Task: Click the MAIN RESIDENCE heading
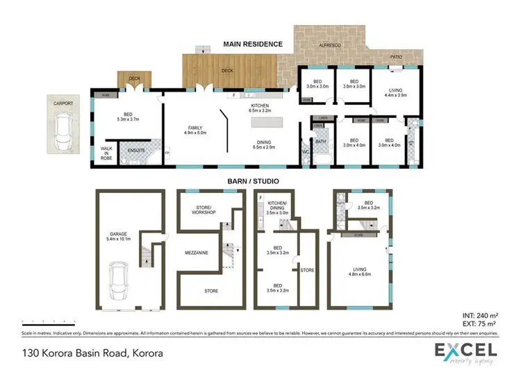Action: pyautogui.click(x=252, y=44)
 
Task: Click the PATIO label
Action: pyautogui.click(x=396, y=58)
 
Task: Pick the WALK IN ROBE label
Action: pyautogui.click(x=107, y=153)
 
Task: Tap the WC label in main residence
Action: pyautogui.click(x=306, y=152)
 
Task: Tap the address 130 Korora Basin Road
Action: pyautogui.click(x=92, y=352)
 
